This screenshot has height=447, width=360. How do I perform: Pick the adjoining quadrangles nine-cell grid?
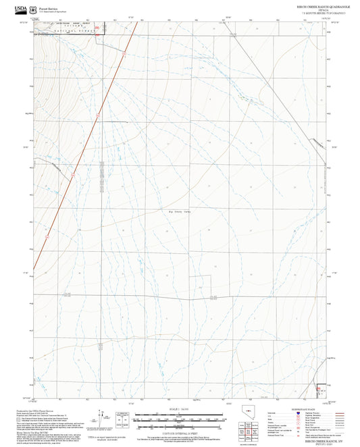tap(251, 428)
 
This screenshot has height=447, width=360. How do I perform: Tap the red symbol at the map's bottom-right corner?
tap(321, 390)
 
